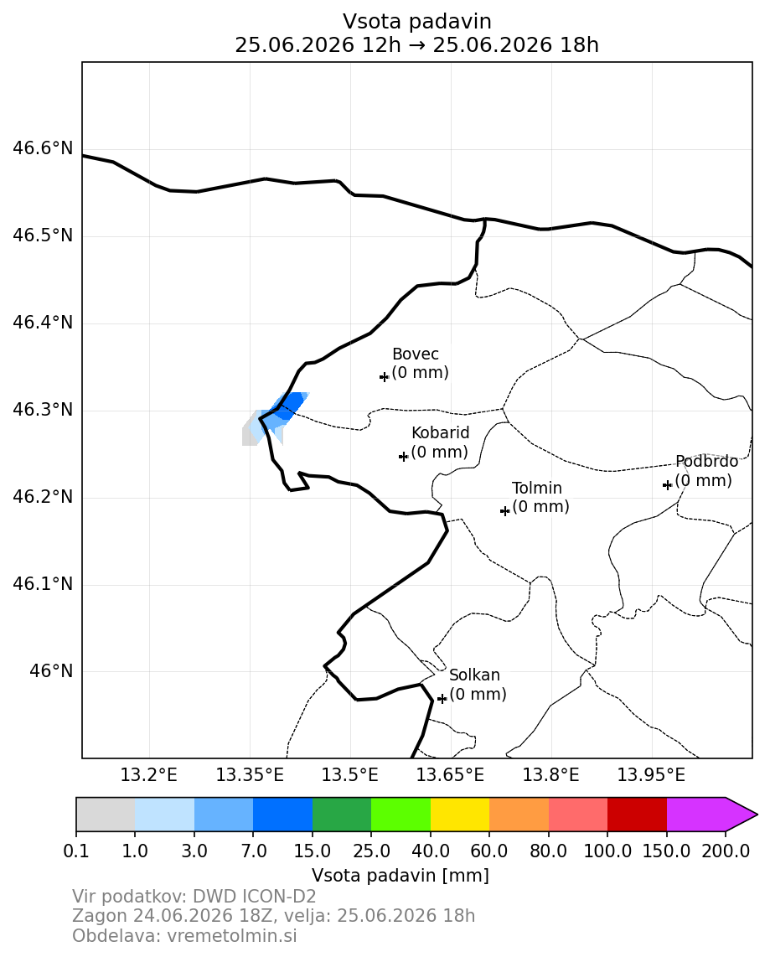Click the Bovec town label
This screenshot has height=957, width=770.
(415, 354)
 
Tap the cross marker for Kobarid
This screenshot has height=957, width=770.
(403, 456)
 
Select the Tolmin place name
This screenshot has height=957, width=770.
(537, 489)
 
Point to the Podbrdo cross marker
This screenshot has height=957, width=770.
(667, 484)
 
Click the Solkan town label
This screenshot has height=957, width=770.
(475, 675)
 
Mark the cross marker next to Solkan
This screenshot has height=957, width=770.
(442, 698)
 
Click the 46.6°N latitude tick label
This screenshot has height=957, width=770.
(43, 148)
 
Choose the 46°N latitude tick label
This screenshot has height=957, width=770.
(51, 671)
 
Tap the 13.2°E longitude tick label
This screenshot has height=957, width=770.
(149, 775)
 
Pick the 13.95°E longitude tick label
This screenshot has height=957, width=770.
(652, 775)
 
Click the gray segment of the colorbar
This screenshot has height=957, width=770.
(106, 815)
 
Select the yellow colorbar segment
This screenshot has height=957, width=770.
(460, 815)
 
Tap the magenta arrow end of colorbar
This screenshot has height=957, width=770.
(742, 815)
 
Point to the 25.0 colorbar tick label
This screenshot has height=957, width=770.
(371, 851)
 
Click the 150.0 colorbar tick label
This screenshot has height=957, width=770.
(666, 851)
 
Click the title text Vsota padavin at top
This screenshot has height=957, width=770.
(416, 21)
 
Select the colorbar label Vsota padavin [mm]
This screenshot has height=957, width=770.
(401, 876)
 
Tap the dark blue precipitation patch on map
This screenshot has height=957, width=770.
(289, 405)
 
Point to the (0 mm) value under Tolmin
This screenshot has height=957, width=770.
(540, 507)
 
